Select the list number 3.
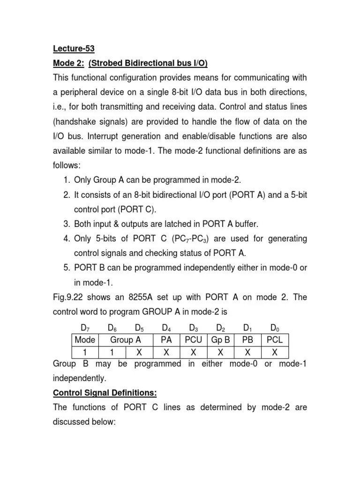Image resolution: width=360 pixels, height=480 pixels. [x=65, y=224]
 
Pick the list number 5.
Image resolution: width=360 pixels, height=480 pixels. [x=65, y=268]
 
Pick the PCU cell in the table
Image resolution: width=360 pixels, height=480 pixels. [x=194, y=340]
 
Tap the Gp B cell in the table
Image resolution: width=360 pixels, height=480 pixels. [x=220, y=340]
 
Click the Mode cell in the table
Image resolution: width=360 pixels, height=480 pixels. [x=85, y=340]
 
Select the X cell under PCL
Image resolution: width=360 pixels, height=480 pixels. [x=275, y=352]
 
